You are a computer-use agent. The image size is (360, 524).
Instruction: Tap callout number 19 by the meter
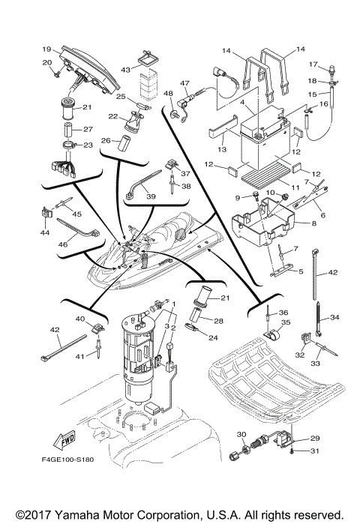click(x=46, y=48)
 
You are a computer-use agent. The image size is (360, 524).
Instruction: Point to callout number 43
click(x=125, y=70)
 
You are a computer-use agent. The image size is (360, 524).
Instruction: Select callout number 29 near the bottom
click(x=314, y=438)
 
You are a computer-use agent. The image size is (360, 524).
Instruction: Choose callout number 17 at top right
click(x=315, y=64)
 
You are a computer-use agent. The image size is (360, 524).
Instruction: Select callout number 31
click(x=314, y=451)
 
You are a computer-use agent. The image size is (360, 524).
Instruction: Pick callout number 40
click(x=80, y=319)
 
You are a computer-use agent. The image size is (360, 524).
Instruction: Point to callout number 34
click(x=334, y=318)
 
